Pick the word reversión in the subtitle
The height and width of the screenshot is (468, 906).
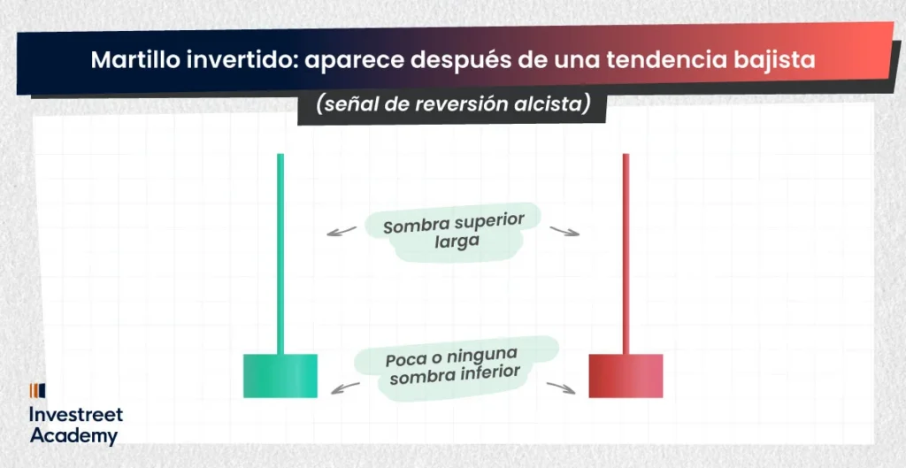click(x=456, y=106)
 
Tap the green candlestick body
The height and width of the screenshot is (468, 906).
click(x=280, y=376)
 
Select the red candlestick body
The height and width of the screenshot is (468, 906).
click(x=626, y=376)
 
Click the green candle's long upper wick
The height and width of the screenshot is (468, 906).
click(x=280, y=254)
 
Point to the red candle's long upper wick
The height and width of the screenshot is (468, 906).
click(x=626, y=254)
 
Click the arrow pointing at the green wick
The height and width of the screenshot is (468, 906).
click(x=341, y=231)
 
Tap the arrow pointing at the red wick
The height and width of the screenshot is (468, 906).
click(x=564, y=231)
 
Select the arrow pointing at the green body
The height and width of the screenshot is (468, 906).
click(x=345, y=388)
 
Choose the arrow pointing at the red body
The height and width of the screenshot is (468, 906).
click(x=561, y=388)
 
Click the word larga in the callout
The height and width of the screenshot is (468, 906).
click(x=457, y=242)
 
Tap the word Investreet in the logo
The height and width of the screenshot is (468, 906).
click(x=76, y=415)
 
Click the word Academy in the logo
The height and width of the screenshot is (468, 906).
click(x=74, y=436)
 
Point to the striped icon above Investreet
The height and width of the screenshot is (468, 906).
click(x=37, y=391)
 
